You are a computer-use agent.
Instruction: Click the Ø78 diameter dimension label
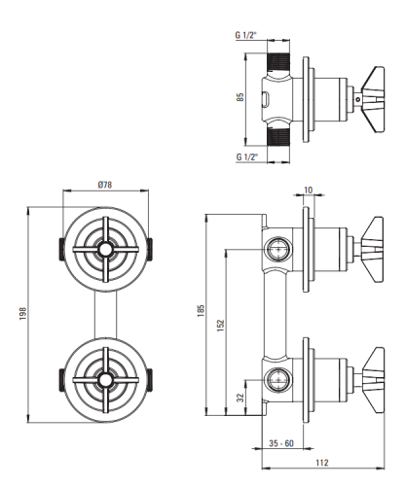(x=105, y=185)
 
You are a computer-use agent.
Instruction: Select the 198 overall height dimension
(x=22, y=314)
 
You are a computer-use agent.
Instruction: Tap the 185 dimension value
(x=202, y=310)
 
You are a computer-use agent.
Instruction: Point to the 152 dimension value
(x=221, y=326)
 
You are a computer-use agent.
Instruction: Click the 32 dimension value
(x=240, y=398)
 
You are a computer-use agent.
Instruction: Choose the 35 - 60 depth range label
(x=281, y=443)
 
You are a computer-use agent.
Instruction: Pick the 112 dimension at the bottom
(x=322, y=463)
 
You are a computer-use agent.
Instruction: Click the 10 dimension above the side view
(x=309, y=190)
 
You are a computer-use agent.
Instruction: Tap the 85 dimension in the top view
(x=240, y=97)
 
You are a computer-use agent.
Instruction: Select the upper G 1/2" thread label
(x=246, y=35)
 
